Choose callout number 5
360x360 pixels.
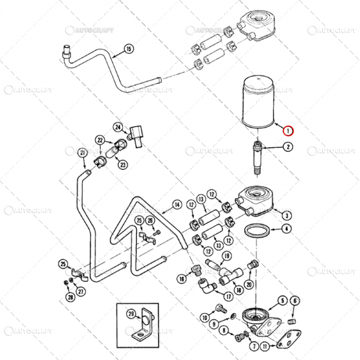point(282,300)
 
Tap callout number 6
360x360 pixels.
point(295,300)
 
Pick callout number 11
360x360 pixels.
point(264,347)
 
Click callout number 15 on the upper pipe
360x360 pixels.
point(128,49)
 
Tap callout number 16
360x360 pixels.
point(181,278)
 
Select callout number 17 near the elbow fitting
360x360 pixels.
point(228,296)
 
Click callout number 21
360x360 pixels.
point(82,153)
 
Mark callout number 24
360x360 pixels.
point(118,127)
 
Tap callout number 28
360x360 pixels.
point(70,297)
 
